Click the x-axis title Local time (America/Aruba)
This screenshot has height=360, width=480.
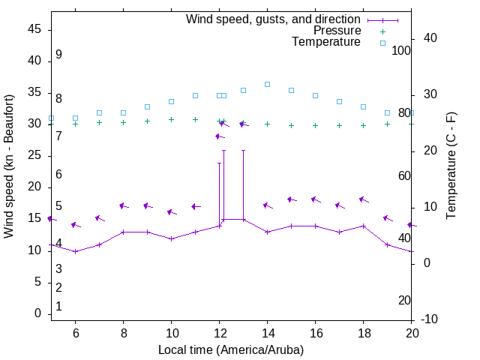point(231,349)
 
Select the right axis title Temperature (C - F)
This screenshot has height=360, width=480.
point(451,166)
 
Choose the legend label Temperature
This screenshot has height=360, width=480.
point(326,42)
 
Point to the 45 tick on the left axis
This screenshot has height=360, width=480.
point(34,29)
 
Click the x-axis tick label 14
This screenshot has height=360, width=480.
point(267,333)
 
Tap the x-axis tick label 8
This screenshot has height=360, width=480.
point(123,333)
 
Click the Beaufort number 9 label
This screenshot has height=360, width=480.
point(58,55)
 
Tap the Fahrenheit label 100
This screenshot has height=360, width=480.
point(402,50)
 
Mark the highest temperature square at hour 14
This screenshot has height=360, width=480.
point(267,84)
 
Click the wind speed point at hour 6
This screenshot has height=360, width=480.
point(75,251)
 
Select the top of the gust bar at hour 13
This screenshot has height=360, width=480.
point(243,151)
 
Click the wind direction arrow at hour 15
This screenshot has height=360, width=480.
point(291,199)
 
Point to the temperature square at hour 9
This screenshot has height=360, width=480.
point(147,106)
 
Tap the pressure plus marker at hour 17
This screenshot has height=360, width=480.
point(339,125)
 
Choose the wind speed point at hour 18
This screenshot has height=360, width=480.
point(363,226)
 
